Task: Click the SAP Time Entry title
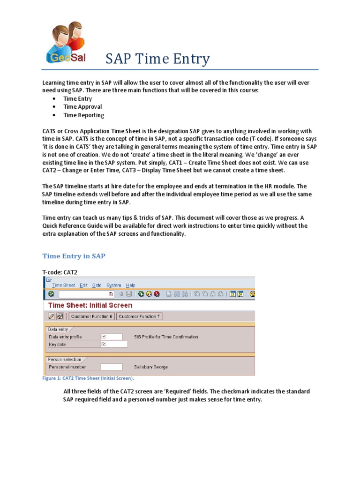[x=157, y=59]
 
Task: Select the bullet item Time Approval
[x=82, y=107]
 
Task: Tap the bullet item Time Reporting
[x=84, y=115]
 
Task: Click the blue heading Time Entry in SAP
[x=74, y=256]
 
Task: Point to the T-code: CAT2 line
[x=60, y=271]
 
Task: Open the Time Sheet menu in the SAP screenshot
[x=63, y=285]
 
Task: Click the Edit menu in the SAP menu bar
[x=83, y=285]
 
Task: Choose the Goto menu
[x=97, y=285]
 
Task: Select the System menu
[x=113, y=285]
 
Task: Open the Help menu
[x=131, y=285]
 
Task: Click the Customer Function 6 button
[x=89, y=316]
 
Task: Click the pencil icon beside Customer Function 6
[x=52, y=316]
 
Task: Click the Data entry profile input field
[x=112, y=337]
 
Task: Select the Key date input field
[x=114, y=344]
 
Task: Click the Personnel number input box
[x=112, y=367]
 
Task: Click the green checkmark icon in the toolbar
[x=51, y=294]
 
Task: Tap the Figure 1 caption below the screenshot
[x=88, y=378]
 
